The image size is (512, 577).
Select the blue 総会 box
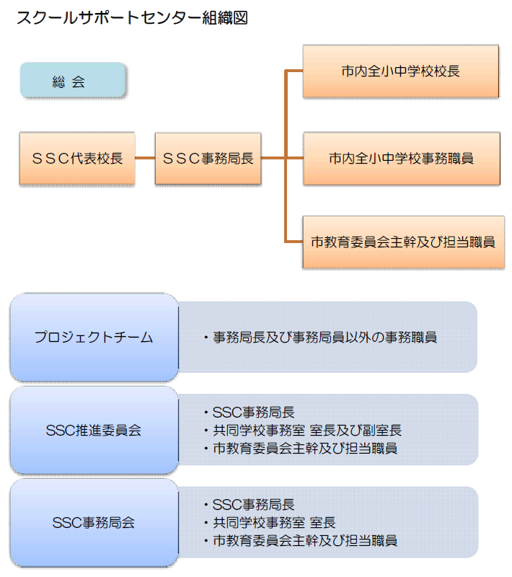pos(73,80)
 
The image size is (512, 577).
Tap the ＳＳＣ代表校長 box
pos(77,159)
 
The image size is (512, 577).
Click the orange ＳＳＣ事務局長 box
pos(208,159)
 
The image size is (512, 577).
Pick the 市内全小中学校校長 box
pos(400,71)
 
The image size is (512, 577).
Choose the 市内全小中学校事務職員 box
pos(401,159)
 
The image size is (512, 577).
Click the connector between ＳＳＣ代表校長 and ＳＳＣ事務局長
pos(145,159)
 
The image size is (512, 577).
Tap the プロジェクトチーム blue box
pos(94,338)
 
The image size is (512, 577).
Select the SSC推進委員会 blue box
pos(94,431)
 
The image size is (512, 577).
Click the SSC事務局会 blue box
pos(94,522)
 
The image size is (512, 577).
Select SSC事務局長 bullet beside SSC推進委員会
pos(253,413)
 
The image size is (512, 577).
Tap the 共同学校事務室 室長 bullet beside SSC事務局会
pos(274,522)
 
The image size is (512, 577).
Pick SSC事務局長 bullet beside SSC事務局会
pos(253,505)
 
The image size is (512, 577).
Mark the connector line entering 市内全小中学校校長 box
pos(294,71)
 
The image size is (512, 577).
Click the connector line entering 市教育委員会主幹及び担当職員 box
pos(294,242)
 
